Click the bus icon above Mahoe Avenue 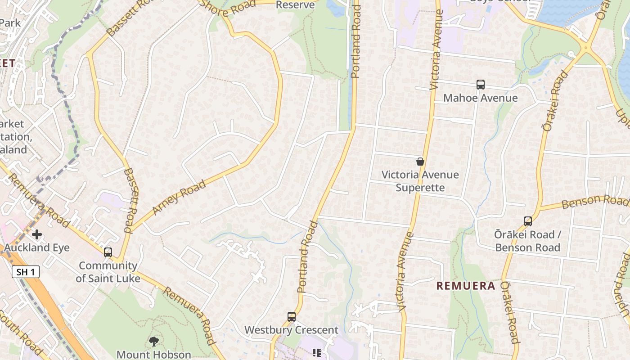coord(480,84)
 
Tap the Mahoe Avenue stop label coord(480,98)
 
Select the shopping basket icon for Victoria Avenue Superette coord(420,162)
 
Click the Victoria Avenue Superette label coord(420,181)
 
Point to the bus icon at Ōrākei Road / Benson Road coord(527,221)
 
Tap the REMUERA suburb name coord(466,286)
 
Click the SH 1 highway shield coord(26,272)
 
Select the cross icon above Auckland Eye coord(37,234)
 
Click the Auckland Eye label coord(37,247)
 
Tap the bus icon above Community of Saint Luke coord(108,252)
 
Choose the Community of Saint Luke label coord(108,272)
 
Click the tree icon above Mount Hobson coord(154,341)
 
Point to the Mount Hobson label coord(154,355)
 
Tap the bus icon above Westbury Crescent coord(292,316)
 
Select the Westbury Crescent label coord(292,330)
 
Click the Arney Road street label coord(179,197)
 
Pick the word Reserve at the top coord(295,4)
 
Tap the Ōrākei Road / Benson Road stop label coord(527,241)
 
